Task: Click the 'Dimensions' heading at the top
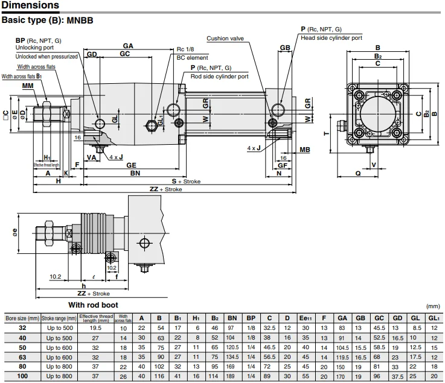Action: click(x=30, y=6)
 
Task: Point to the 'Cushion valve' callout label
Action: click(x=226, y=39)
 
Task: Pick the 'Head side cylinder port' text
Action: click(x=331, y=37)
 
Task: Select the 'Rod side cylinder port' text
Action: click(x=219, y=77)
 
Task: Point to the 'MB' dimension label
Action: click(x=305, y=149)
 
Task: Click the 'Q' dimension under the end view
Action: click(x=358, y=173)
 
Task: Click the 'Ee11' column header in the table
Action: click(x=304, y=318)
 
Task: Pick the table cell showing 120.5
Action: click(x=232, y=348)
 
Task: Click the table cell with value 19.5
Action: click(x=95, y=328)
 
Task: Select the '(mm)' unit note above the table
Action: click(x=434, y=306)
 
